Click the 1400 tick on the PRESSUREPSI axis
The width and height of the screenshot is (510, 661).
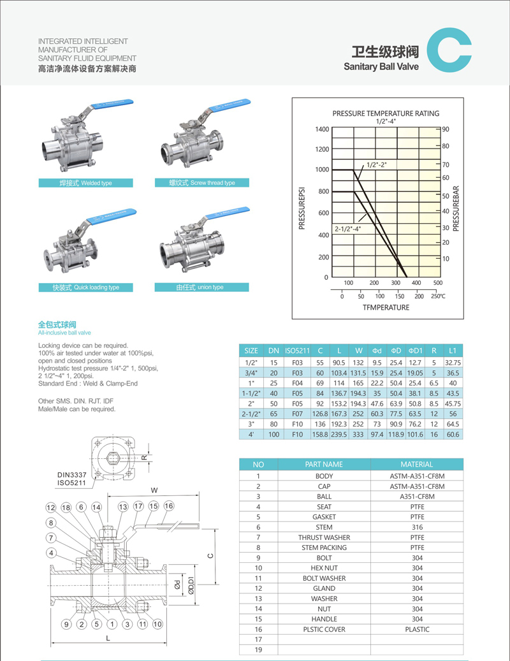coord(322,129)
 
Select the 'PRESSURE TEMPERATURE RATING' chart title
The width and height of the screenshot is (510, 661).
coord(386,113)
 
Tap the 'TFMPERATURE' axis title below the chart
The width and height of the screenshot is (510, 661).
coord(386,307)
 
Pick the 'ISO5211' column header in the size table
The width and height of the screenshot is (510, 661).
coord(297,351)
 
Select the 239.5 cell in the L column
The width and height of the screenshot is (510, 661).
coord(339,434)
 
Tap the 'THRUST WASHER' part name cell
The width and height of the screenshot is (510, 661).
coord(324,537)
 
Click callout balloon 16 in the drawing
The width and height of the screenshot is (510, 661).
coord(168,505)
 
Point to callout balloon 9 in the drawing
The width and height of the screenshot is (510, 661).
coord(66,624)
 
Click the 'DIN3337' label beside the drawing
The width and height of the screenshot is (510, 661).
coord(71,475)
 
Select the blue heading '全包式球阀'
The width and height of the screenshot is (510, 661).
coord(57,324)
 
